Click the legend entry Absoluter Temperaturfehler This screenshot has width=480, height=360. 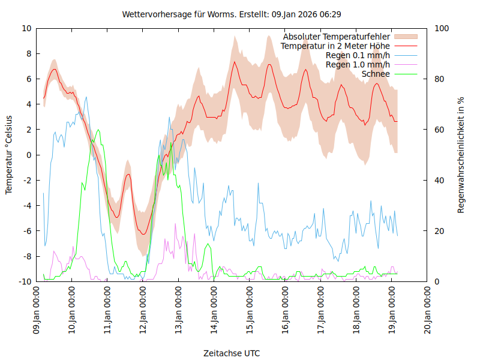click(336, 37)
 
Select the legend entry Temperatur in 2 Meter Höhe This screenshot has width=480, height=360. click(335, 46)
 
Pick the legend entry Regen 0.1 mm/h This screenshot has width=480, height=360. click(358, 55)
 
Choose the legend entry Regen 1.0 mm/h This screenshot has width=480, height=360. click(358, 65)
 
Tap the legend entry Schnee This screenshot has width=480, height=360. click(376, 74)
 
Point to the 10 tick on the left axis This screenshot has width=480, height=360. click(27, 28)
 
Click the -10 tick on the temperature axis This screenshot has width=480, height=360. click(25, 281)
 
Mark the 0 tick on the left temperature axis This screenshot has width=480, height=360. click(29, 155)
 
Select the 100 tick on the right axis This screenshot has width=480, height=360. click(441, 28)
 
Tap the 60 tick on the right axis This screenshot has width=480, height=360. click(439, 130)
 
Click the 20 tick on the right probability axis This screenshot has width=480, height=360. click(439, 231)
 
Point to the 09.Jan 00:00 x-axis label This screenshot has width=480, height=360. click(37, 311)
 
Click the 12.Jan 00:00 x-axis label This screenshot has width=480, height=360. click(143, 311)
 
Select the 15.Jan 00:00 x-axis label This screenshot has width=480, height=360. click(250, 311)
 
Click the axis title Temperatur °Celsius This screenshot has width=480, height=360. click(9, 155)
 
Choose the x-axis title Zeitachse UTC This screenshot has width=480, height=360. click(232, 353)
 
